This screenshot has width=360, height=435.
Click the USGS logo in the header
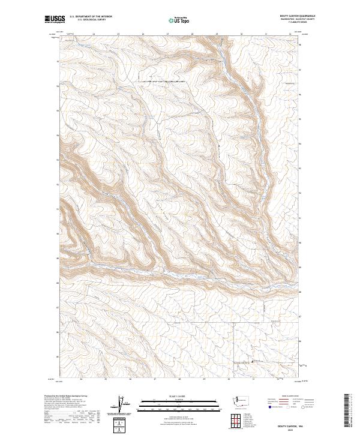(x=55, y=19)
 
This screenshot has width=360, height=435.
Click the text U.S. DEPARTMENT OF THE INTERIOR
(x=91, y=16)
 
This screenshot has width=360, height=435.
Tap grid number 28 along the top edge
(x=192, y=34)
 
